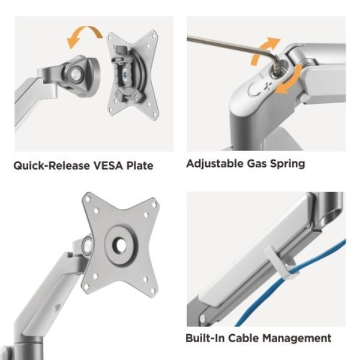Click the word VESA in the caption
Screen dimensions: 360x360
point(109,166)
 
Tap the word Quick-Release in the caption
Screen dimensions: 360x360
point(52,166)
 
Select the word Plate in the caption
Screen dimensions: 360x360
point(140,166)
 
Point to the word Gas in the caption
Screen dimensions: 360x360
point(256,164)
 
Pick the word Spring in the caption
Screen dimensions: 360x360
point(287,164)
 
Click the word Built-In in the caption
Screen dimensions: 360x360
point(205,338)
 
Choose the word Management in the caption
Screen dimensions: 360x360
point(297,339)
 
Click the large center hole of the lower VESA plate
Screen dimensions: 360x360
point(119,245)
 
